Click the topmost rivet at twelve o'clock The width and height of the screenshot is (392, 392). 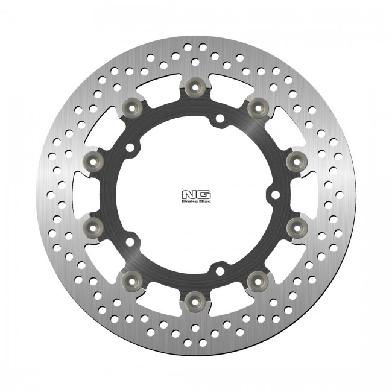[195, 87]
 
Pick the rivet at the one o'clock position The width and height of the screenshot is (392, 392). [258, 106]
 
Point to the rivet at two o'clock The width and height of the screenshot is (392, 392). [296, 159]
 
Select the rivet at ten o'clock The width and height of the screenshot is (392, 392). [93, 159]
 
